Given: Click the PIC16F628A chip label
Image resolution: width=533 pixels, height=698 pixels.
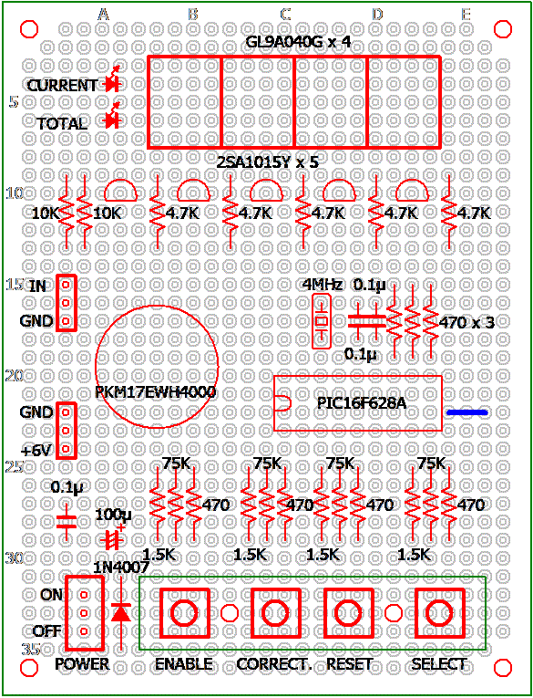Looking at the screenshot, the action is (362, 403).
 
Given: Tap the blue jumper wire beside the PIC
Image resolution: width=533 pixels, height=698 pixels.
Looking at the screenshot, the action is (466, 412).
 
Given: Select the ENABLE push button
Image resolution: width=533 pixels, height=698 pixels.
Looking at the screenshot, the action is (184, 613).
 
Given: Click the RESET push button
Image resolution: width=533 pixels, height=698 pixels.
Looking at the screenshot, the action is (348, 613).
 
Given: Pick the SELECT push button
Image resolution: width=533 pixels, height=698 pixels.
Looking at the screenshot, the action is (440, 613).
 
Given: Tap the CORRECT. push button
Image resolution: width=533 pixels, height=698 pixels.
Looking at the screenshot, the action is (276, 613).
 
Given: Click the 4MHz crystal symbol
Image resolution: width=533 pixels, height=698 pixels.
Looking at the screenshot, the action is (322, 321).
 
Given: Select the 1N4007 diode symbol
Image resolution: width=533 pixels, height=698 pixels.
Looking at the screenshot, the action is (121, 613).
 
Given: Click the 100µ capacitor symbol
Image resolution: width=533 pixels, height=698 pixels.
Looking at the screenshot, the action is (111, 538).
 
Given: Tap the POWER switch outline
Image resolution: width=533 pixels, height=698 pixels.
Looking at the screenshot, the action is (85, 612).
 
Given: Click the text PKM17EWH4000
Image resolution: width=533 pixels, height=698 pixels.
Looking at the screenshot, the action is (156, 392).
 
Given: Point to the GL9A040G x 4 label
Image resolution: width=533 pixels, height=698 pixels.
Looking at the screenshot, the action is (298, 42).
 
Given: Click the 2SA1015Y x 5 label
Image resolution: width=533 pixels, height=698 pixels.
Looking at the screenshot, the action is (268, 162).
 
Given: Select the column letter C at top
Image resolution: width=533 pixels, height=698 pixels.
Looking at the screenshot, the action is (285, 15).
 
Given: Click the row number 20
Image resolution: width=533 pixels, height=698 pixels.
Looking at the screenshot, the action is (15, 376).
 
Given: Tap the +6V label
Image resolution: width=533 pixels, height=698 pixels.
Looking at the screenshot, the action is (36, 451).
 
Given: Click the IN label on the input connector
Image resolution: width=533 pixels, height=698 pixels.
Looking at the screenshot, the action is (37, 286).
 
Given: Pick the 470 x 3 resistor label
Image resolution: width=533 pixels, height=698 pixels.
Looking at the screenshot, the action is (466, 322).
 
